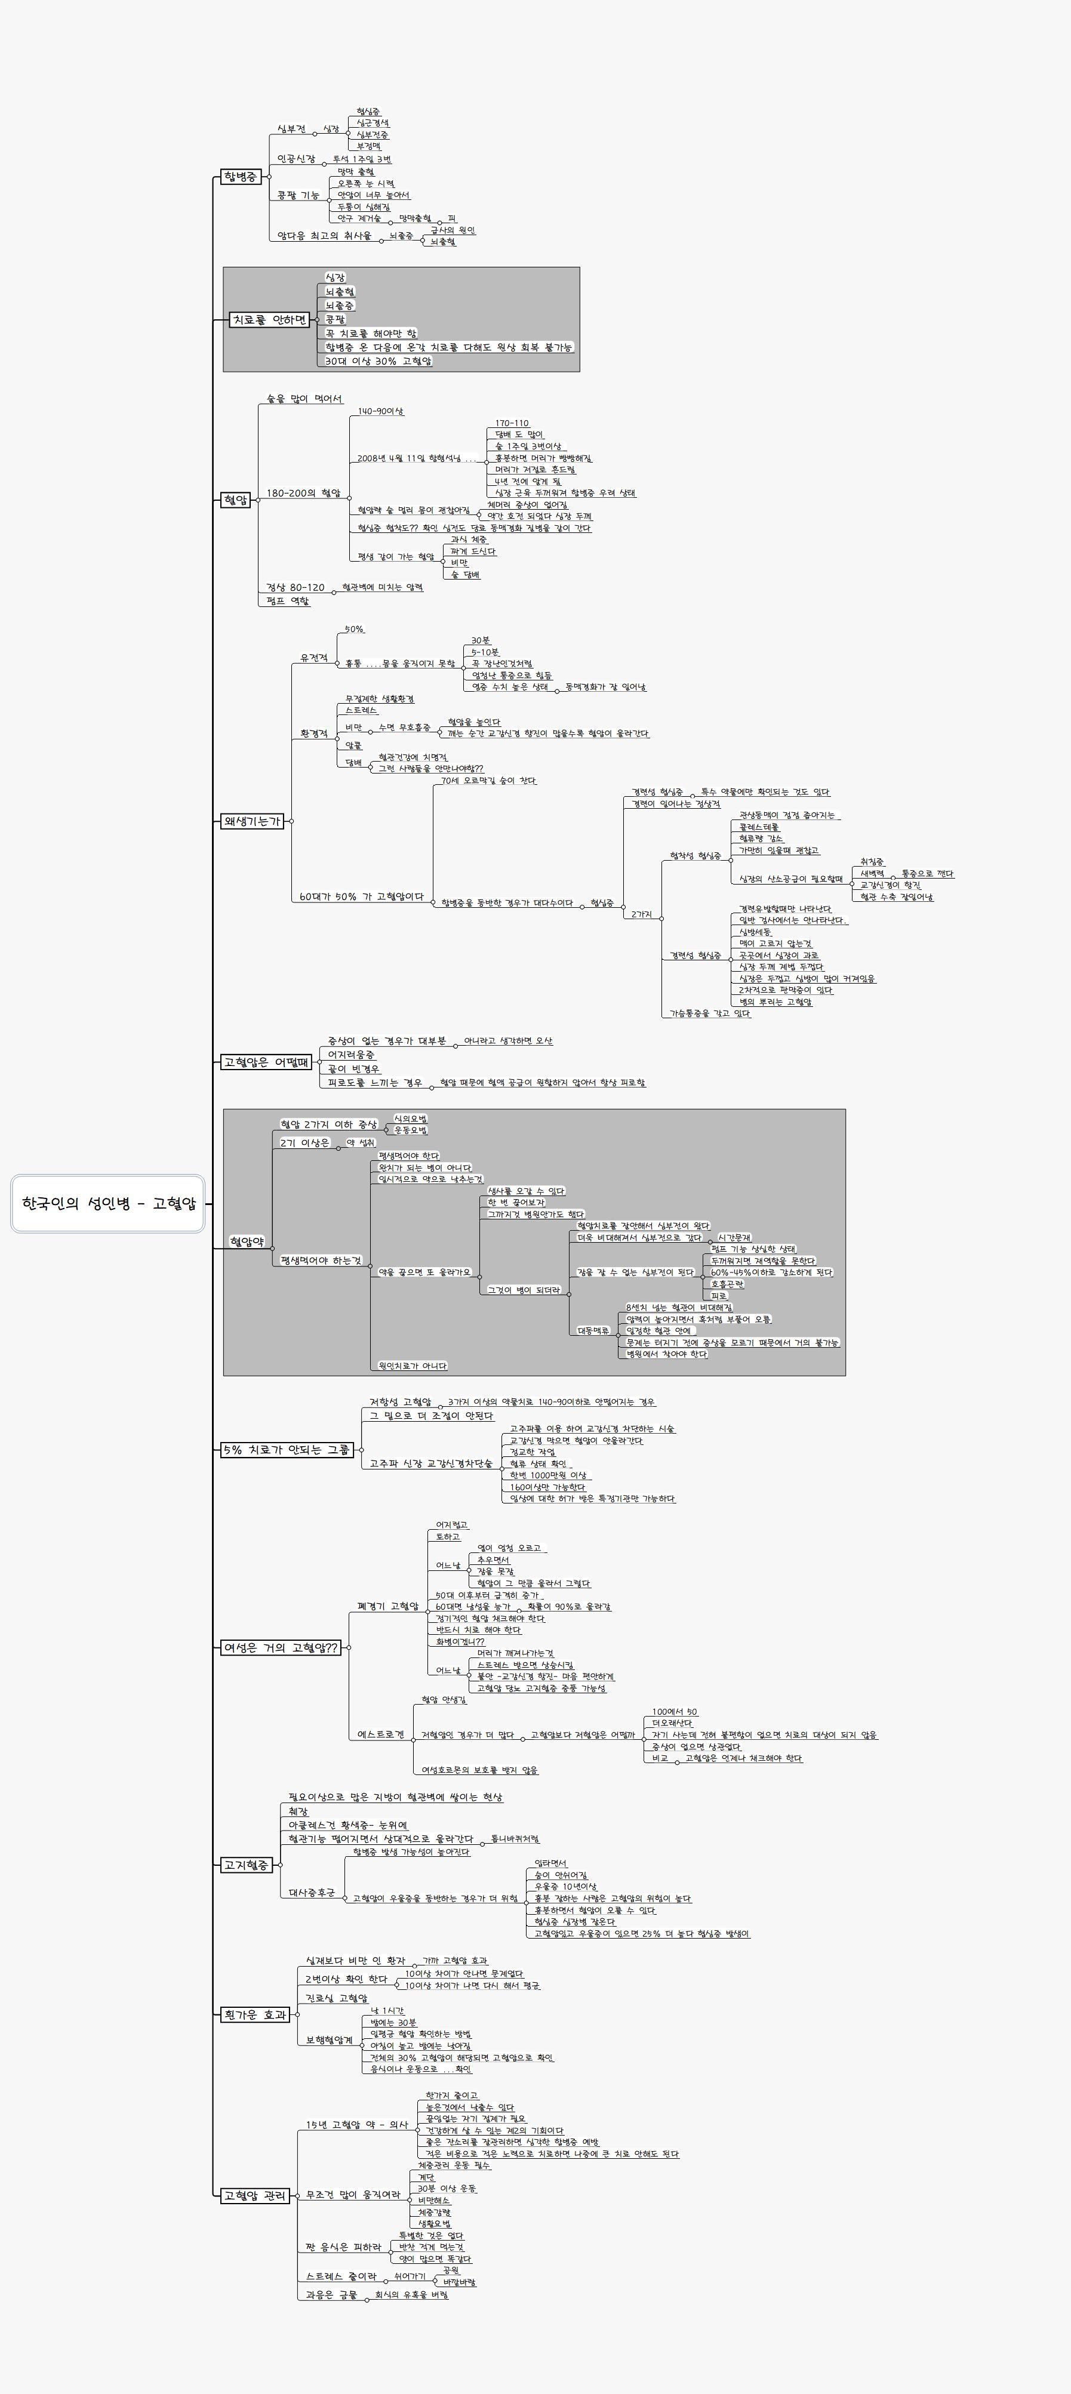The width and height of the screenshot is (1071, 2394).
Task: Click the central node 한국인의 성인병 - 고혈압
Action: [108, 1203]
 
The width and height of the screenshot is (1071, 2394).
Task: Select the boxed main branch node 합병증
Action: [241, 177]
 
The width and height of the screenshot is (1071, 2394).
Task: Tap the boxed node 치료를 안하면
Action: [270, 320]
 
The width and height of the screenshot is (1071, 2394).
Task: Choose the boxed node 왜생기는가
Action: [251, 821]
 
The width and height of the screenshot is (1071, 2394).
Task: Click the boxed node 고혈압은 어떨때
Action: [266, 1061]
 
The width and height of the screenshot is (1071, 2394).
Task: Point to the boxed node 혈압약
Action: [247, 1241]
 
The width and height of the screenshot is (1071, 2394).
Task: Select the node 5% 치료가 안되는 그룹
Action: [287, 1450]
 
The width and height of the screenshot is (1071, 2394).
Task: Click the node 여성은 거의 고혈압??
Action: [281, 1648]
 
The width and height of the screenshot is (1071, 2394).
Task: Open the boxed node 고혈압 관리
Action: [256, 2196]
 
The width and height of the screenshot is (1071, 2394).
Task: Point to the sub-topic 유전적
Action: [313, 658]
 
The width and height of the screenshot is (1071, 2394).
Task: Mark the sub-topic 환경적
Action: [313, 734]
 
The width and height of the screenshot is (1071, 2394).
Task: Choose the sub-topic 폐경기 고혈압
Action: [387, 1607]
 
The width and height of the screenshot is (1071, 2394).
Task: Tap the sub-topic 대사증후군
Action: [312, 1892]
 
